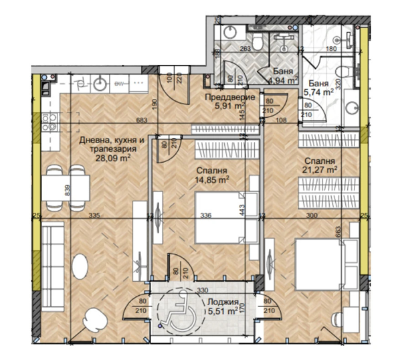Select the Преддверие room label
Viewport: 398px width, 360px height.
tap(229, 97)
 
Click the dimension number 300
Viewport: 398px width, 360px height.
tap(312, 215)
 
